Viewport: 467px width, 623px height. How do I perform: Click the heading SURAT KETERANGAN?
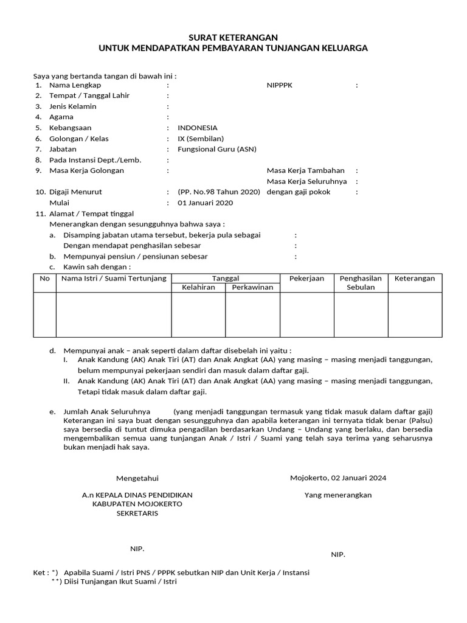233,37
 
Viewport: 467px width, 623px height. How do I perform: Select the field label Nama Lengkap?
75,85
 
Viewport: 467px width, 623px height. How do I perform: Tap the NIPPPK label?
280,85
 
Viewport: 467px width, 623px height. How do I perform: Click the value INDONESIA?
197,128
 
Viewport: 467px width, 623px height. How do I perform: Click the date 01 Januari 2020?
204,203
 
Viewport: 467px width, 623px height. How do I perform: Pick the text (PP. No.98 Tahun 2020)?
219,192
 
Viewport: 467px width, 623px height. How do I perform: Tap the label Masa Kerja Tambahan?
306,170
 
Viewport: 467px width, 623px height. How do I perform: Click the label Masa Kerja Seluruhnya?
307,181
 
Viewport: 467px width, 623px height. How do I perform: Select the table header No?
44,279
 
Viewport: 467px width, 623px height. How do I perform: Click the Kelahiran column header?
198,287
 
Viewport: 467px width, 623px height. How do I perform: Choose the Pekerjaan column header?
306,279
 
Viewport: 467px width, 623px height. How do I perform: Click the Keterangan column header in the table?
415,279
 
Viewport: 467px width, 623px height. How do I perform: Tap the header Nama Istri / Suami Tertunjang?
113,279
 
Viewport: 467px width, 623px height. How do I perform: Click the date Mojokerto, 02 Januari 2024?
338,478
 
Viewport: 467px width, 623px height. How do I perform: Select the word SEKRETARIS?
137,513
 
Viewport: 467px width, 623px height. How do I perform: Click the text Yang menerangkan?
338,495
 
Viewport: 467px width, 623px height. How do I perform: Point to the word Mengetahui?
137,479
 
